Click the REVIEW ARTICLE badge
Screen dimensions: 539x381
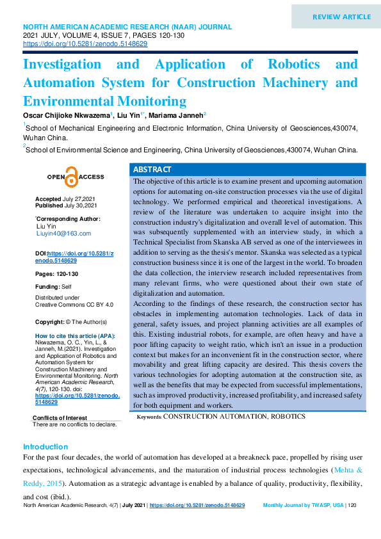[341, 17]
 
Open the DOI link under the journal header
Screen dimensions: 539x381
[85, 44]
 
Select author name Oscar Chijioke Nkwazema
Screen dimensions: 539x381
[67, 115]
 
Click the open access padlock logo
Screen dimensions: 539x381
[71, 177]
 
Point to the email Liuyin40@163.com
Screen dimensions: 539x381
[63, 234]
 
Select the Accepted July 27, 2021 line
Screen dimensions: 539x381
[66, 199]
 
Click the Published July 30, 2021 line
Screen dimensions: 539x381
[66, 205]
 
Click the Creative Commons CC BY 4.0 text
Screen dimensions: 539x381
[74, 305]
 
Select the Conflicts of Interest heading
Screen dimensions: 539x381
[60, 418]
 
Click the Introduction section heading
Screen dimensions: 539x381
[45, 446]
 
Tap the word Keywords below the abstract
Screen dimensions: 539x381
[149, 417]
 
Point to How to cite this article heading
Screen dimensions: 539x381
[75, 336]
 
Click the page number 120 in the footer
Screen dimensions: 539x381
[352, 506]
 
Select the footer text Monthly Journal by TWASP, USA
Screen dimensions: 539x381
[303, 506]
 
